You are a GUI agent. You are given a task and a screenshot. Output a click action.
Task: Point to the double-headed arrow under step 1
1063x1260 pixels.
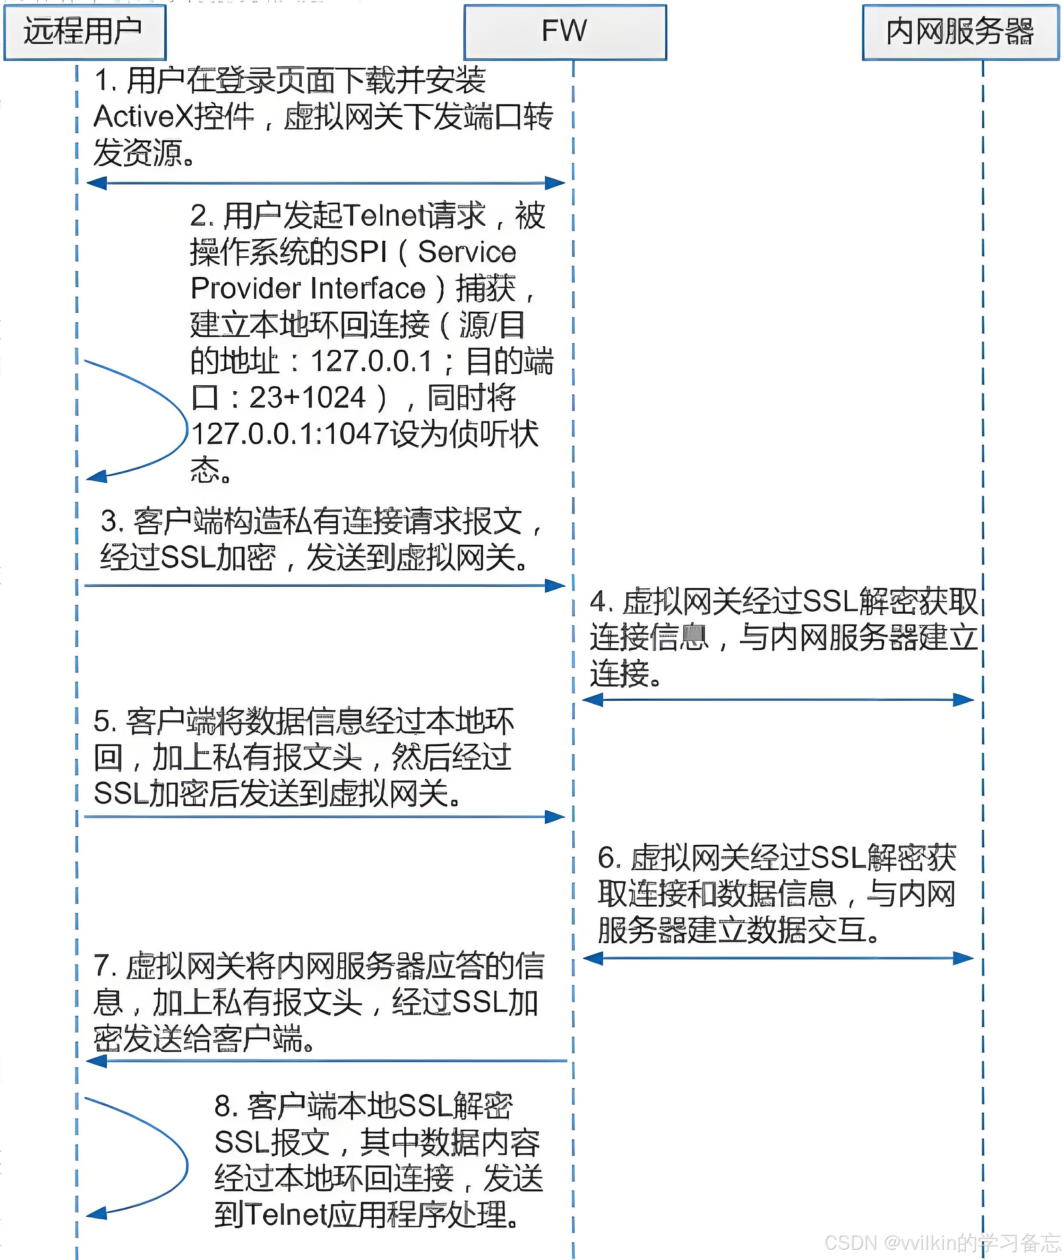[x=325, y=183]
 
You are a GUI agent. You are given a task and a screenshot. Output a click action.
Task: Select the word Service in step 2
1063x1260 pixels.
[x=467, y=252]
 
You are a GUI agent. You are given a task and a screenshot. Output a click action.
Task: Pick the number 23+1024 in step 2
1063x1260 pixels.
[x=307, y=398]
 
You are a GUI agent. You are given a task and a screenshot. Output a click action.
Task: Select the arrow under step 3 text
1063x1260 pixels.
[x=325, y=585]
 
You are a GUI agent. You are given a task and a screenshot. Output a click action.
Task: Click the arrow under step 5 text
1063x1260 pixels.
[x=325, y=817]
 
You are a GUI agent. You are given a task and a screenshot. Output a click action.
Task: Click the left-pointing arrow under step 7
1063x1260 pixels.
[x=325, y=1061]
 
